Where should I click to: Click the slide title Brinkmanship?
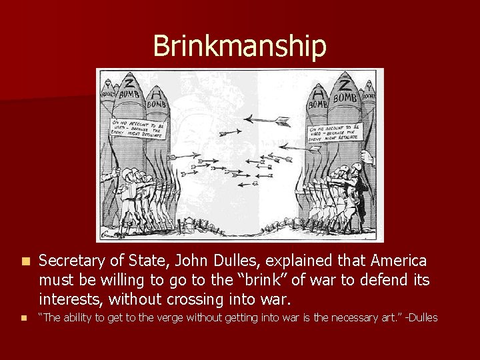tap(239, 46)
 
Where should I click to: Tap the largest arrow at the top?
tap(266, 121)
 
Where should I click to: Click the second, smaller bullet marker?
tap(25, 318)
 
